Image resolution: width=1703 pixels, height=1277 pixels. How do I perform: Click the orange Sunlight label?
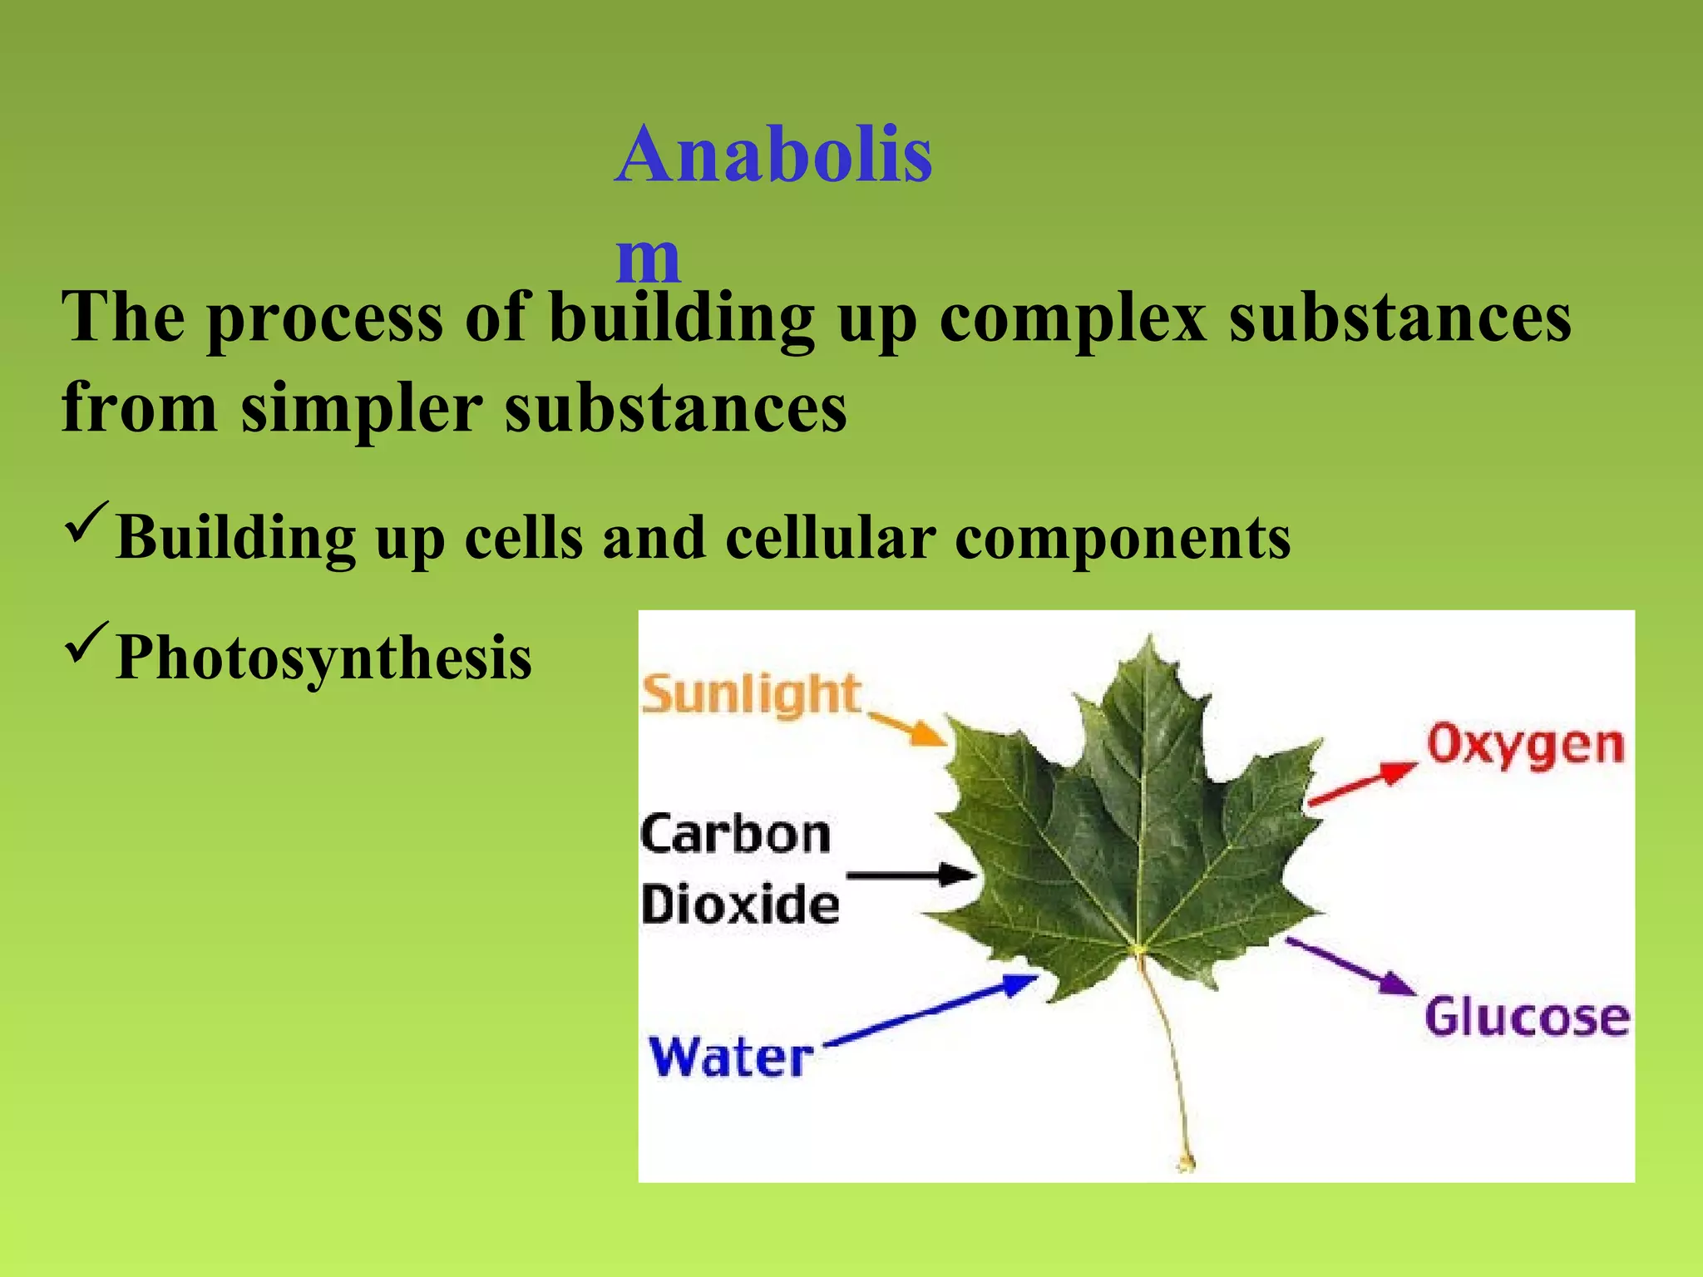751,694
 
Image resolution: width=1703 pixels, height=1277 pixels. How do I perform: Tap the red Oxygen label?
1525,746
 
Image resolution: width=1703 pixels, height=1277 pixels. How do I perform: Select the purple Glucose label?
1527,1017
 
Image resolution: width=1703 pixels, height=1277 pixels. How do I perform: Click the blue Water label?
730,1058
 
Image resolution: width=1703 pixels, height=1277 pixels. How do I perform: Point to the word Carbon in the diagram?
735,835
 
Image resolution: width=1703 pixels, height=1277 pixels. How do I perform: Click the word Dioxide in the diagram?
739,905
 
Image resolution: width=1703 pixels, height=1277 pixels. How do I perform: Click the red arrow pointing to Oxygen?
1362,784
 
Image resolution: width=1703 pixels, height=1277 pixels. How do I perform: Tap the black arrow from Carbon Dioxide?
910,875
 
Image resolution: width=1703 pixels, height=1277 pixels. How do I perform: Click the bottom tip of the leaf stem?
1187,1163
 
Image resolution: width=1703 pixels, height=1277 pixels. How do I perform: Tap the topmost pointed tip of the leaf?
1151,638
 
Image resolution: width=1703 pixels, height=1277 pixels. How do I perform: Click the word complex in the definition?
1073,319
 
